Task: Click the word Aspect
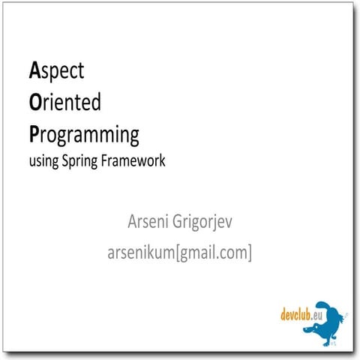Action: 56,72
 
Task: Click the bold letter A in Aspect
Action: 34,70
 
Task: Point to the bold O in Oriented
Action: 34,102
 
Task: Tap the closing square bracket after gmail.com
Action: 250,253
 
